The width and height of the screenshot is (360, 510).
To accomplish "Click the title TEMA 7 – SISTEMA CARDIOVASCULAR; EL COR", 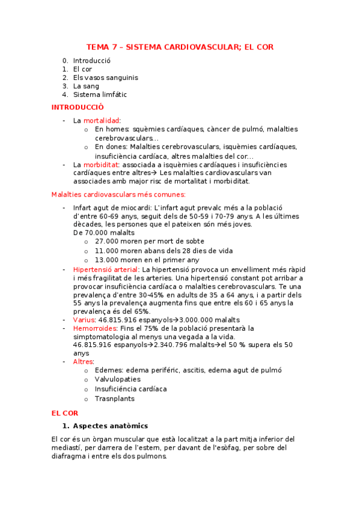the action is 180,47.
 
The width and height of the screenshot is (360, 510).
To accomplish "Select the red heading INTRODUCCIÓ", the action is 78,107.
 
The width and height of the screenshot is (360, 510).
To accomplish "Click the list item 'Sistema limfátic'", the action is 100,94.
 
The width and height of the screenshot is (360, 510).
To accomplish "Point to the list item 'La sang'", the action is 86,86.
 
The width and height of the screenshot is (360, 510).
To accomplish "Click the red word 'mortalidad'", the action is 101,120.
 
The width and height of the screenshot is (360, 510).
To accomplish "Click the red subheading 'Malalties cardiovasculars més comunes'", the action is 118,194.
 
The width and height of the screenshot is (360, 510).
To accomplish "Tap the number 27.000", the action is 108,241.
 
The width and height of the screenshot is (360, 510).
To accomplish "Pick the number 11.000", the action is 108,251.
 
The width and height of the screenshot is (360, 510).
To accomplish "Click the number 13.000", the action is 108,260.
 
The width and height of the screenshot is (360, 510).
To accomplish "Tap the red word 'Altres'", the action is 83,361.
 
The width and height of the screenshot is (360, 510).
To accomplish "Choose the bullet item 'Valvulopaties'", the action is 118,379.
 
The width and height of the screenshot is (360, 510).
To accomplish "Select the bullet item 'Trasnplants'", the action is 115,398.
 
